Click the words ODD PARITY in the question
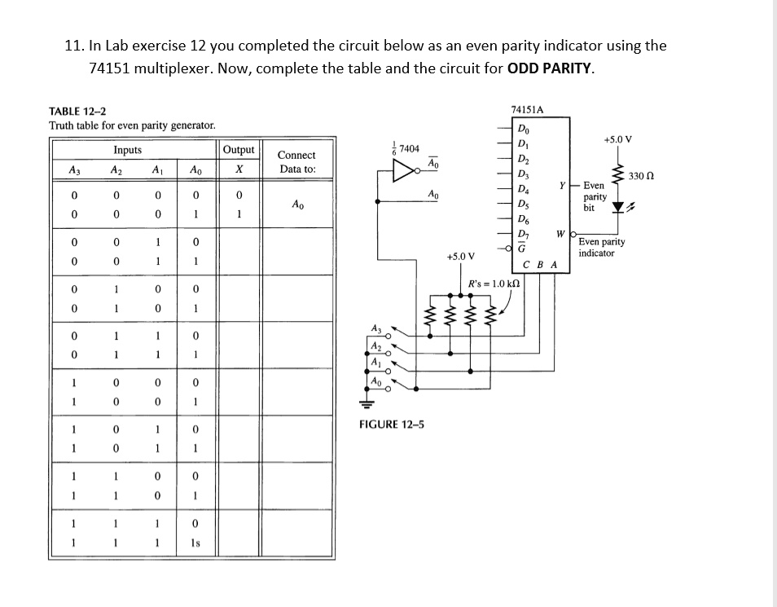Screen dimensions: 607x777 (x=550, y=68)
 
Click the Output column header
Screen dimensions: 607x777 (x=239, y=150)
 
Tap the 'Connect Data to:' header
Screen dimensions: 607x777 (x=296, y=162)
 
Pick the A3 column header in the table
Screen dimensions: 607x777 (x=74, y=169)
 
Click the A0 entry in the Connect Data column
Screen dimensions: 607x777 (x=297, y=205)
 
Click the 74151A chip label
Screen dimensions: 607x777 (x=528, y=109)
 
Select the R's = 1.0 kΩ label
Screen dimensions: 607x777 (x=494, y=284)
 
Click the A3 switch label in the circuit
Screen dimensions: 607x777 (x=375, y=328)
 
